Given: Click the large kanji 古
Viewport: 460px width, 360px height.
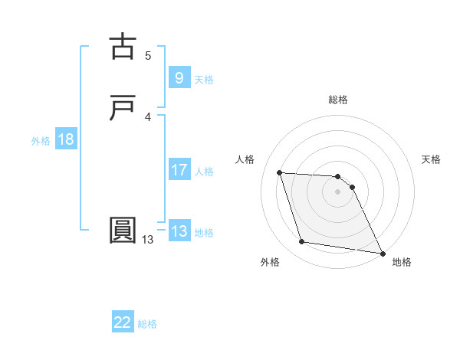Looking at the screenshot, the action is click(123, 47).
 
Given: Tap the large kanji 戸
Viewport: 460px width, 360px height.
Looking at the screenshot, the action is click(123, 108).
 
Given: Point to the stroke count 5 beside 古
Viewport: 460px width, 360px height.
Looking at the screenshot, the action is click(148, 55).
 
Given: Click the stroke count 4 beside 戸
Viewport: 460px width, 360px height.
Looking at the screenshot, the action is click(148, 116).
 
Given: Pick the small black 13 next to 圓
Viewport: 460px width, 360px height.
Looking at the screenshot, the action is click(147, 240).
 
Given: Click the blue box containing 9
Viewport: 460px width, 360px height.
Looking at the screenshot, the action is click(179, 78).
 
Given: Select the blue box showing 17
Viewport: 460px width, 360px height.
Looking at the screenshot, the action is click(179, 170).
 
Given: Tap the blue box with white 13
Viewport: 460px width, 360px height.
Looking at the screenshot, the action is click(179, 231).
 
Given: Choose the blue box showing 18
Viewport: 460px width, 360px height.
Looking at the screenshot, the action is click(66, 139).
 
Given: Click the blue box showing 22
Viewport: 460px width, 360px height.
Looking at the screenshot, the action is click(123, 322).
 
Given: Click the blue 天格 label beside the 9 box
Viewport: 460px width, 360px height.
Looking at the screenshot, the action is click(204, 80).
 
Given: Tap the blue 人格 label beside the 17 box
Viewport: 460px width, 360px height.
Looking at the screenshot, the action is click(204, 172).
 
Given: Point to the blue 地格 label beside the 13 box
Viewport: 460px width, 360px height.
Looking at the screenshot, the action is click(204, 233).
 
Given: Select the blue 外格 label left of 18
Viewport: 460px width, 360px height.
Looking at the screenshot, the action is click(41, 141).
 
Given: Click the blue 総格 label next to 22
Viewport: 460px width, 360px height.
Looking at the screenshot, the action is click(147, 324).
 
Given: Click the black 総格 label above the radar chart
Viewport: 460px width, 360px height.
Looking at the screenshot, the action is click(338, 100).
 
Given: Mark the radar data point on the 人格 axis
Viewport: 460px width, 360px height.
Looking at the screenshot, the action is click(280, 172).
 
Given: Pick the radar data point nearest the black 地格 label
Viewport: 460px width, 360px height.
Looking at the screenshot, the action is click(382, 253).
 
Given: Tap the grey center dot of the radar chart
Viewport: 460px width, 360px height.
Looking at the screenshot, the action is click(338, 191).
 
